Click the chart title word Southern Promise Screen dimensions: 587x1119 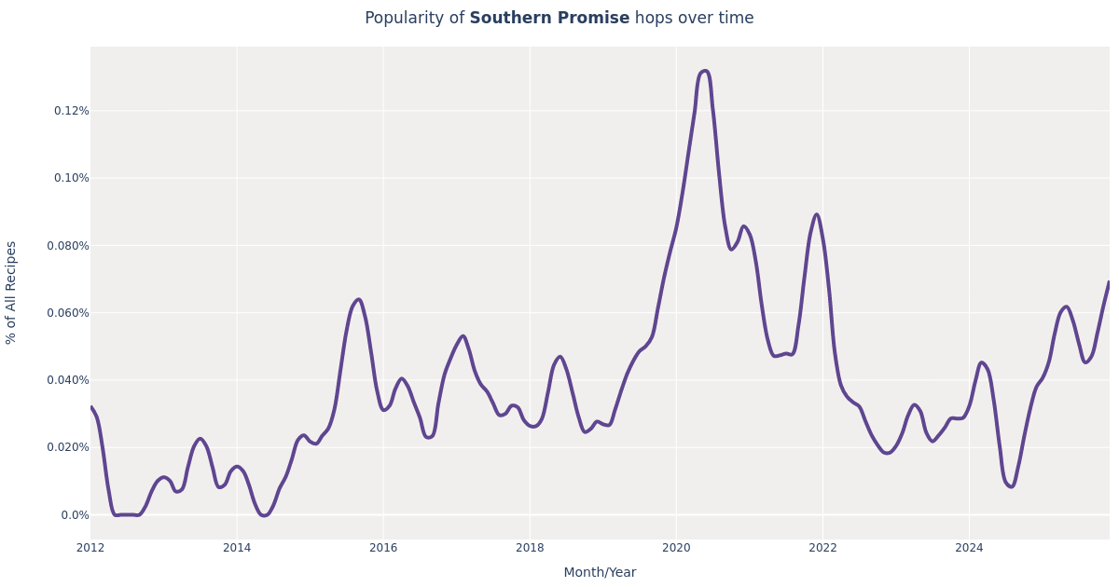click(x=549, y=19)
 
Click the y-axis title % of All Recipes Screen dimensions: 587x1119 click(x=11, y=293)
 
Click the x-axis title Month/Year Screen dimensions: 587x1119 click(x=600, y=572)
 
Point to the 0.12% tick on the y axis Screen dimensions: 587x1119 click(x=71, y=111)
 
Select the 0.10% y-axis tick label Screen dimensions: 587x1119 click(x=71, y=178)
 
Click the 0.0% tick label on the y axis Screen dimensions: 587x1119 click(x=75, y=515)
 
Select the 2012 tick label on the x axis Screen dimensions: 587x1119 click(x=90, y=548)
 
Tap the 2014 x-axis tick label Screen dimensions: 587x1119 click(x=237, y=548)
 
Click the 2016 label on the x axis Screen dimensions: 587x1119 click(x=383, y=548)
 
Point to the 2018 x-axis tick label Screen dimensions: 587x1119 click(x=530, y=548)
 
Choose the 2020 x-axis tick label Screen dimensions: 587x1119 click(x=676, y=548)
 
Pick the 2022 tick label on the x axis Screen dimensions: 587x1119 click(x=822, y=548)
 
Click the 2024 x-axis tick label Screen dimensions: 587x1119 click(x=969, y=548)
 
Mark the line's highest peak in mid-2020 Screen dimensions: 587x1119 click(x=704, y=71)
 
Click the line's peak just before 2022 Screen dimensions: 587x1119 click(x=816, y=214)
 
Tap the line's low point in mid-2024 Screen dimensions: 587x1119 click(x=1011, y=486)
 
